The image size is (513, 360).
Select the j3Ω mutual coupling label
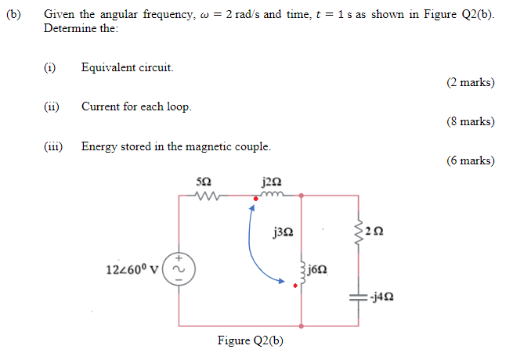tap(284, 232)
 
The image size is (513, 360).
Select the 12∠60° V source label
tap(132, 268)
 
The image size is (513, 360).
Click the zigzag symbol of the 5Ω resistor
tap(204, 196)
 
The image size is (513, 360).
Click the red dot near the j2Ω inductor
tap(254, 208)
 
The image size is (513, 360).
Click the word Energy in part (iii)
tap(98, 146)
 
